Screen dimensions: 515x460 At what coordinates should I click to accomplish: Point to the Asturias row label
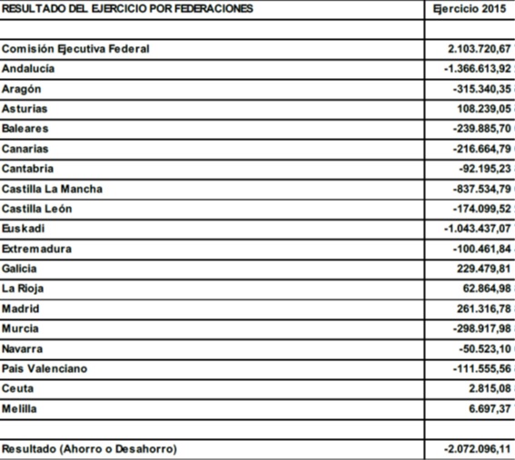coord(25,109)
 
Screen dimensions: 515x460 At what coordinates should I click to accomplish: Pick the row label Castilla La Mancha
coord(52,189)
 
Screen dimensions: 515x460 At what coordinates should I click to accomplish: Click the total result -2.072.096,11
coord(478,448)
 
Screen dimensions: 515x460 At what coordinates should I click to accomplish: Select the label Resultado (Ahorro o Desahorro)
coord(89,448)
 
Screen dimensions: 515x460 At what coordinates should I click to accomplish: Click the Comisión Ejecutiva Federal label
coord(75,49)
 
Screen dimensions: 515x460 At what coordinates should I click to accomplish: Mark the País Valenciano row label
coord(45,368)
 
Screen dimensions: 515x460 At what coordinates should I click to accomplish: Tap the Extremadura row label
coord(36,249)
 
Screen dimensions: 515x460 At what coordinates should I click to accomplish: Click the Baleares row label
coord(25,129)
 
